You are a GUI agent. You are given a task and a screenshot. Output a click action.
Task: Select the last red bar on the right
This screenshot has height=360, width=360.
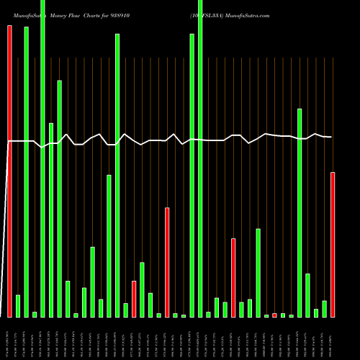click(x=333, y=245)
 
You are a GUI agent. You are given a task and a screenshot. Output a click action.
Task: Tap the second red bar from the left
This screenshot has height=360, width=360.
click(x=134, y=299)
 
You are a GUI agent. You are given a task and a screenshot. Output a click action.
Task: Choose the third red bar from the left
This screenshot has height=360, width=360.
click(x=167, y=262)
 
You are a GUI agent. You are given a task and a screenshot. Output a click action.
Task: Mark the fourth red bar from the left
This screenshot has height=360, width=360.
click(x=233, y=277)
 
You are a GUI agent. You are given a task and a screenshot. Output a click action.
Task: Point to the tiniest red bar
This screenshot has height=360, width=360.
click(x=274, y=315)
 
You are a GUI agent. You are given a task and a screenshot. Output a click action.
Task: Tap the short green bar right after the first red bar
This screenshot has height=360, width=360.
click(x=18, y=306)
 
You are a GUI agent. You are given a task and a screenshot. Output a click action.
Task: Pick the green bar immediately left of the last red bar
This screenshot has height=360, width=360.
click(x=325, y=309)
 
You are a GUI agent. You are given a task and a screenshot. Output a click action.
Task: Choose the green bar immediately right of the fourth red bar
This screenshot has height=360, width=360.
click(x=242, y=310)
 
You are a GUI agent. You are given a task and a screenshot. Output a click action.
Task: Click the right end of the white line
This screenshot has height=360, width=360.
click(x=332, y=137)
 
